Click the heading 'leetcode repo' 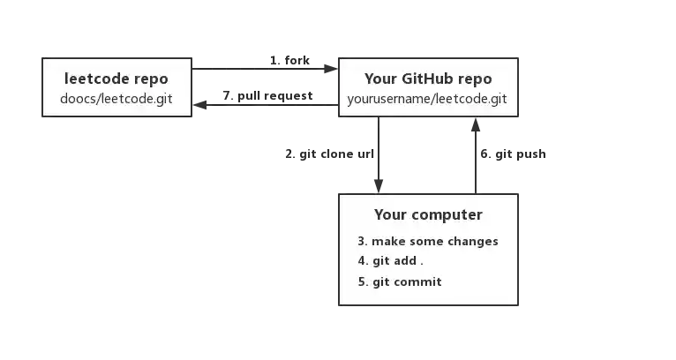pyautogui.click(x=116, y=79)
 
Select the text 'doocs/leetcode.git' pyautogui.click(x=116, y=98)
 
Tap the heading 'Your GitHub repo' pyautogui.click(x=428, y=79)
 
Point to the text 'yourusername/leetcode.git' pyautogui.click(x=428, y=98)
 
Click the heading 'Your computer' pyautogui.click(x=428, y=214)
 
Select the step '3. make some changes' pyautogui.click(x=428, y=241)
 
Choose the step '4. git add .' pyautogui.click(x=390, y=261)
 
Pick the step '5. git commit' pyautogui.click(x=400, y=281)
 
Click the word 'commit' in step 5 pyautogui.click(x=421, y=281)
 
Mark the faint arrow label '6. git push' pyautogui.click(x=516, y=154)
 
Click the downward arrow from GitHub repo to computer pyautogui.click(x=379, y=154)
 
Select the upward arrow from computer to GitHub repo pyautogui.click(x=476, y=154)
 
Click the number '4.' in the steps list pyautogui.click(x=362, y=261)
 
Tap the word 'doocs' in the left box pyautogui.click(x=78, y=98)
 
